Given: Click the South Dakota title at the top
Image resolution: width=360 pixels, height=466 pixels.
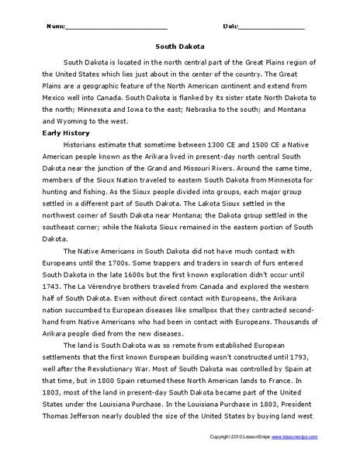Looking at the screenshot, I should point(179,45).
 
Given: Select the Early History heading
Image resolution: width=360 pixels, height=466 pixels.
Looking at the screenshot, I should point(66,133).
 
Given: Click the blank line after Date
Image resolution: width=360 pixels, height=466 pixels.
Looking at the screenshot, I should point(272,26).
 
